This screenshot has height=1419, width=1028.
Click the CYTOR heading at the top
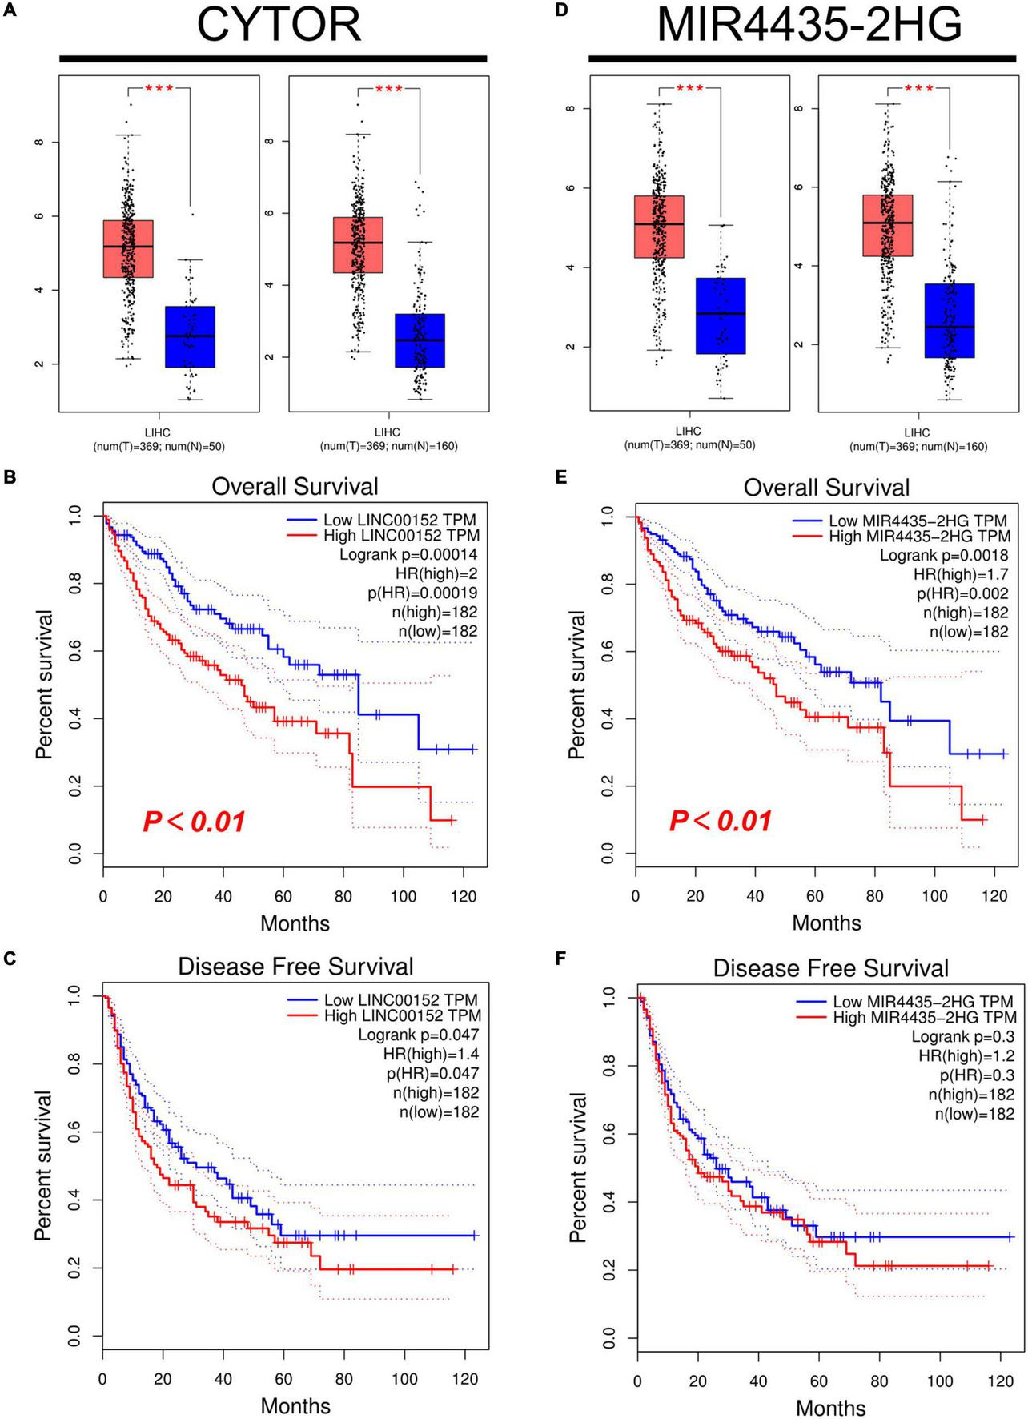(x=278, y=25)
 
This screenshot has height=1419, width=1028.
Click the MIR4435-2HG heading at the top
(x=809, y=25)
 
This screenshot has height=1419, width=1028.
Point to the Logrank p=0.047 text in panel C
(x=418, y=1035)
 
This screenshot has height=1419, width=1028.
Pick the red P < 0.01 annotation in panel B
(x=194, y=822)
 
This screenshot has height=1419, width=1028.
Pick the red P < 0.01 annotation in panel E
(x=721, y=821)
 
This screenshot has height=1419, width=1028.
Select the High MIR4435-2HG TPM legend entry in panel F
(x=923, y=1017)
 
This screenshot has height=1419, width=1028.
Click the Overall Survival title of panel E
(x=826, y=488)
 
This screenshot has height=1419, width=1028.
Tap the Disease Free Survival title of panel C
(x=295, y=967)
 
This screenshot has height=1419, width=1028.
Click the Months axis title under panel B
(x=295, y=923)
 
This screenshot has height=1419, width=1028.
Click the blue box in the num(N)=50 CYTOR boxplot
(x=190, y=336)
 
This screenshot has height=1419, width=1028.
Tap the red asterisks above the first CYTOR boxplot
(x=159, y=89)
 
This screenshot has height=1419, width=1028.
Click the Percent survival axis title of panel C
(x=44, y=1165)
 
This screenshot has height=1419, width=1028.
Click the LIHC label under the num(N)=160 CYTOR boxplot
(x=389, y=432)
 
